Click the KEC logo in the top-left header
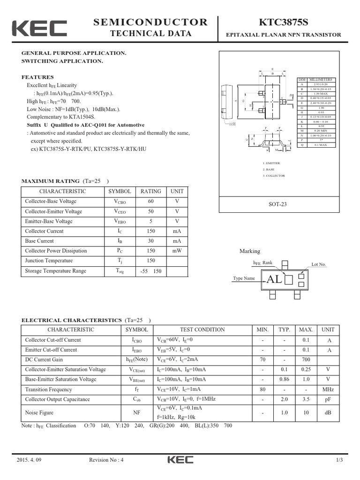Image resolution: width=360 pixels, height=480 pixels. pyautogui.click(x=39, y=28)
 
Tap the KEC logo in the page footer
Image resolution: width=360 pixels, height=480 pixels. pyautogui.click(x=180, y=460)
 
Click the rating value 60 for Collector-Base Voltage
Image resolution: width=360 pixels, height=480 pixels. pyautogui.click(x=150, y=201)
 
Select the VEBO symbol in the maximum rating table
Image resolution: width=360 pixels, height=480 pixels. pyautogui.click(x=120, y=221)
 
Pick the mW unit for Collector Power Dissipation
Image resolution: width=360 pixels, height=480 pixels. pyautogui.click(x=177, y=251)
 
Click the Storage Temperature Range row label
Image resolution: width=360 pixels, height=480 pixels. pyautogui.click(x=55, y=271)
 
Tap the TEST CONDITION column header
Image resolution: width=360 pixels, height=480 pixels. pyautogui.click(x=202, y=330)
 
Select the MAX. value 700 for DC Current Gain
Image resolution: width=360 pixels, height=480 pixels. pyautogui.click(x=306, y=360)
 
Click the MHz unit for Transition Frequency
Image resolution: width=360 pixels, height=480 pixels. pyautogui.click(x=328, y=390)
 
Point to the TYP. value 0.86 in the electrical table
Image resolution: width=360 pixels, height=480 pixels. pyautogui.click(x=284, y=379)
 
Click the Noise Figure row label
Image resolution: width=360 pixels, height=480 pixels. pyautogui.click(x=39, y=412)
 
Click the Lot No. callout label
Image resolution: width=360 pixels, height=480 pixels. pyautogui.click(x=318, y=264)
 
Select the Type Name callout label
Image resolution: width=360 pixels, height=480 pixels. pyautogui.click(x=244, y=278)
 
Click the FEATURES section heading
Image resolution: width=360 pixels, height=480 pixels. pyautogui.click(x=37, y=77)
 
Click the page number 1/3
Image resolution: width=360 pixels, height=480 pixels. pyautogui.click(x=339, y=460)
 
